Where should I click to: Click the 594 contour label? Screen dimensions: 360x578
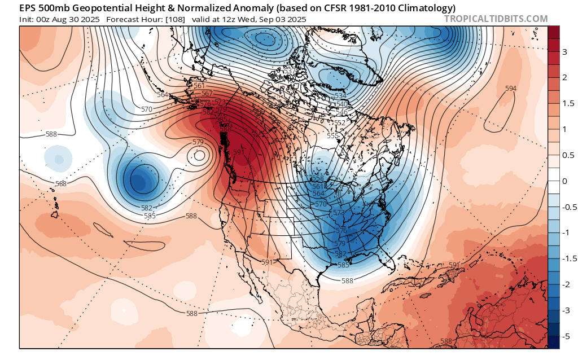[x=510, y=89]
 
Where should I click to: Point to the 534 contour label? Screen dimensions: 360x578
[x=340, y=96]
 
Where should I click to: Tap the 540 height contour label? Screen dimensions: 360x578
[x=342, y=104]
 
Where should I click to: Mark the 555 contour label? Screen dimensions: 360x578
[x=332, y=135]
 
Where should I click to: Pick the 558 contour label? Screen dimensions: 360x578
[x=317, y=178]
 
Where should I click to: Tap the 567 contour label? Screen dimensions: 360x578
[x=207, y=94]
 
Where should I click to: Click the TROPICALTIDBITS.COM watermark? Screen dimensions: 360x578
[x=496, y=19]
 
